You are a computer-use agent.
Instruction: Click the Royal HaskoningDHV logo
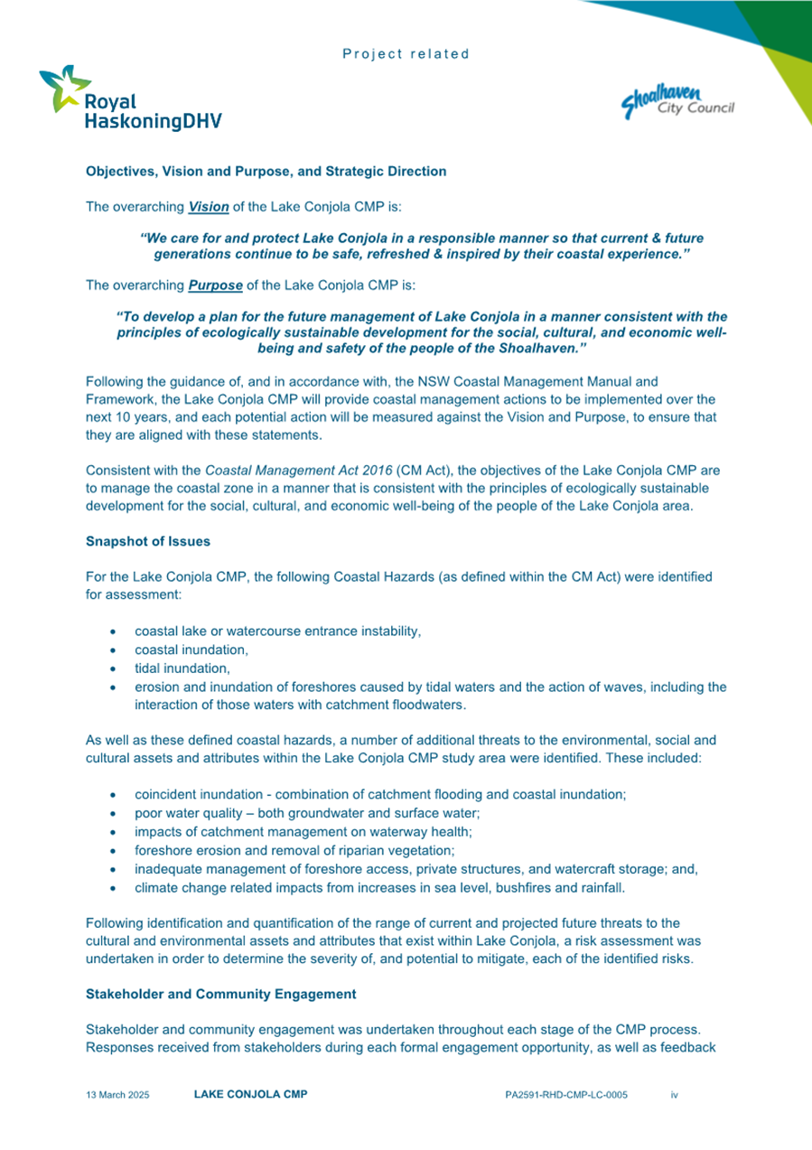pyautogui.click(x=130, y=99)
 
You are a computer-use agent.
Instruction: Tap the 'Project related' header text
pyautogui.click(x=406, y=54)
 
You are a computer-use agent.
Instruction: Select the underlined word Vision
pyautogui.click(x=209, y=207)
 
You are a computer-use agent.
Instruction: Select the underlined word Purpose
pyautogui.click(x=215, y=286)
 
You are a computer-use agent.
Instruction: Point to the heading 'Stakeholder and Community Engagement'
pyautogui.click(x=220, y=995)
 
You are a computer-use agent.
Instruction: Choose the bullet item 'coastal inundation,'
pyautogui.click(x=191, y=650)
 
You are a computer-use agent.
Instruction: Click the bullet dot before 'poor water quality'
pyautogui.click(x=111, y=813)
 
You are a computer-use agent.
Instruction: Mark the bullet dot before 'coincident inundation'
pyautogui.click(x=111, y=794)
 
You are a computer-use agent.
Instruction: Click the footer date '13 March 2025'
pyautogui.click(x=117, y=1095)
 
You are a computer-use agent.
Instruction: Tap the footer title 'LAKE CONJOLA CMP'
pyautogui.click(x=250, y=1095)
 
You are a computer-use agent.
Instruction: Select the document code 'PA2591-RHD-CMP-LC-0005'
pyautogui.click(x=566, y=1095)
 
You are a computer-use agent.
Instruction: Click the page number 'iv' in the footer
pyautogui.click(x=674, y=1095)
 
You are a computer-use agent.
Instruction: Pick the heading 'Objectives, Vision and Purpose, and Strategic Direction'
pyautogui.click(x=266, y=171)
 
